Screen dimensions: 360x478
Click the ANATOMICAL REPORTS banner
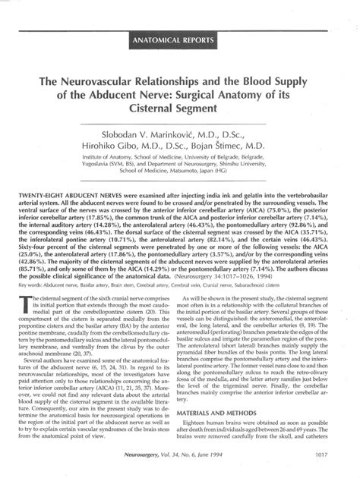[179, 37]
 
